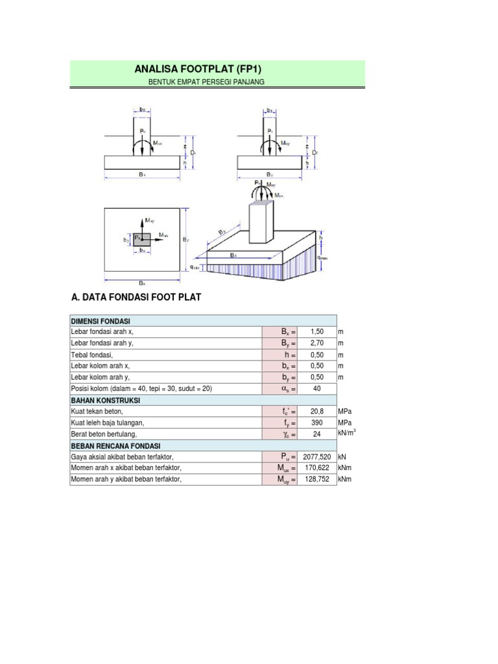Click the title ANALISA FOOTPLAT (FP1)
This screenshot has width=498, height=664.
[x=197, y=68]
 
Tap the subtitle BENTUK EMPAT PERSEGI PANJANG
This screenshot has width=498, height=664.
[x=207, y=82]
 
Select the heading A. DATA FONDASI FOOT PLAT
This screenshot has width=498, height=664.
[x=136, y=298]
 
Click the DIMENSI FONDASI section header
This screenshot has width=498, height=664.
[x=101, y=321]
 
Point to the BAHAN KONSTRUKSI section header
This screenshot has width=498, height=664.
[x=105, y=400]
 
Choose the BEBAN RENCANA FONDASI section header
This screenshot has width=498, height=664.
[x=115, y=446]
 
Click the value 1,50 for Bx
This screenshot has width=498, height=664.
[x=316, y=332]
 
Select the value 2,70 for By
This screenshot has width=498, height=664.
[x=316, y=343]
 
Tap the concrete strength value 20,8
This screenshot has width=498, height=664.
[x=316, y=412]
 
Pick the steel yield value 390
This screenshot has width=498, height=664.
[x=316, y=423]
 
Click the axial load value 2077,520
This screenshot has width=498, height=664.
[x=316, y=457]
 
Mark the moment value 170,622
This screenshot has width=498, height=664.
[x=316, y=468]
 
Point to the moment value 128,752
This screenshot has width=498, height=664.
[x=316, y=480]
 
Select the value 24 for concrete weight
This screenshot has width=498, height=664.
[x=316, y=434]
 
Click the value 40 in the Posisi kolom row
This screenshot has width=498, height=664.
[x=316, y=389]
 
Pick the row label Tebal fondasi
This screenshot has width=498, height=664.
[x=92, y=355]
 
